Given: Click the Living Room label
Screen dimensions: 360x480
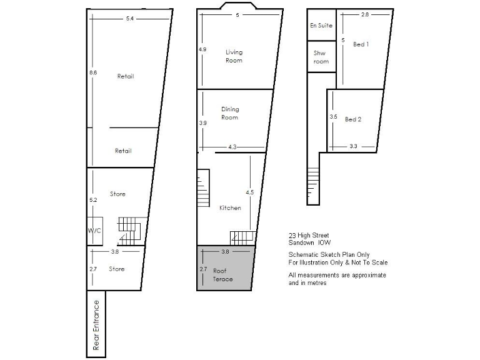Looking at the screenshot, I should (234, 56).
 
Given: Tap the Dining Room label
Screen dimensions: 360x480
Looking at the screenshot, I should (229, 113).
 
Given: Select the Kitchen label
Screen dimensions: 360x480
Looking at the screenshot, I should (230, 207).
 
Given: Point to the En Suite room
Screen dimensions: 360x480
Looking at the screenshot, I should (321, 26).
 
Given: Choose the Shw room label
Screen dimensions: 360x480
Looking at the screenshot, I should (320, 57).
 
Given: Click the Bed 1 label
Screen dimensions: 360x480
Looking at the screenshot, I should (361, 44).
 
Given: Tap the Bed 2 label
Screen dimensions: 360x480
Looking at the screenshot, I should (353, 119).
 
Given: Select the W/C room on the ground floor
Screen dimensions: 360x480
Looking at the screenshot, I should (94, 231).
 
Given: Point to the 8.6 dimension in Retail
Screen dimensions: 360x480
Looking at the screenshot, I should (93, 73).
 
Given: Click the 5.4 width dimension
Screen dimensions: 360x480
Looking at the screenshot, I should (130, 19).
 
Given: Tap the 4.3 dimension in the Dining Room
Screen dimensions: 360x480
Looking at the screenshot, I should (232, 147).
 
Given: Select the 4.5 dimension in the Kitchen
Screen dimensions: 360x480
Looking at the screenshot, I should (249, 192).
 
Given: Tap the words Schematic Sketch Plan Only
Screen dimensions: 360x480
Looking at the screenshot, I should (329, 254).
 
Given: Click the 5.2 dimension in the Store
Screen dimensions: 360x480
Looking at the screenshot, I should (93, 200).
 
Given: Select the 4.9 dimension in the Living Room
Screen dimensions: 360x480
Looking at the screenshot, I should (202, 49).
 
